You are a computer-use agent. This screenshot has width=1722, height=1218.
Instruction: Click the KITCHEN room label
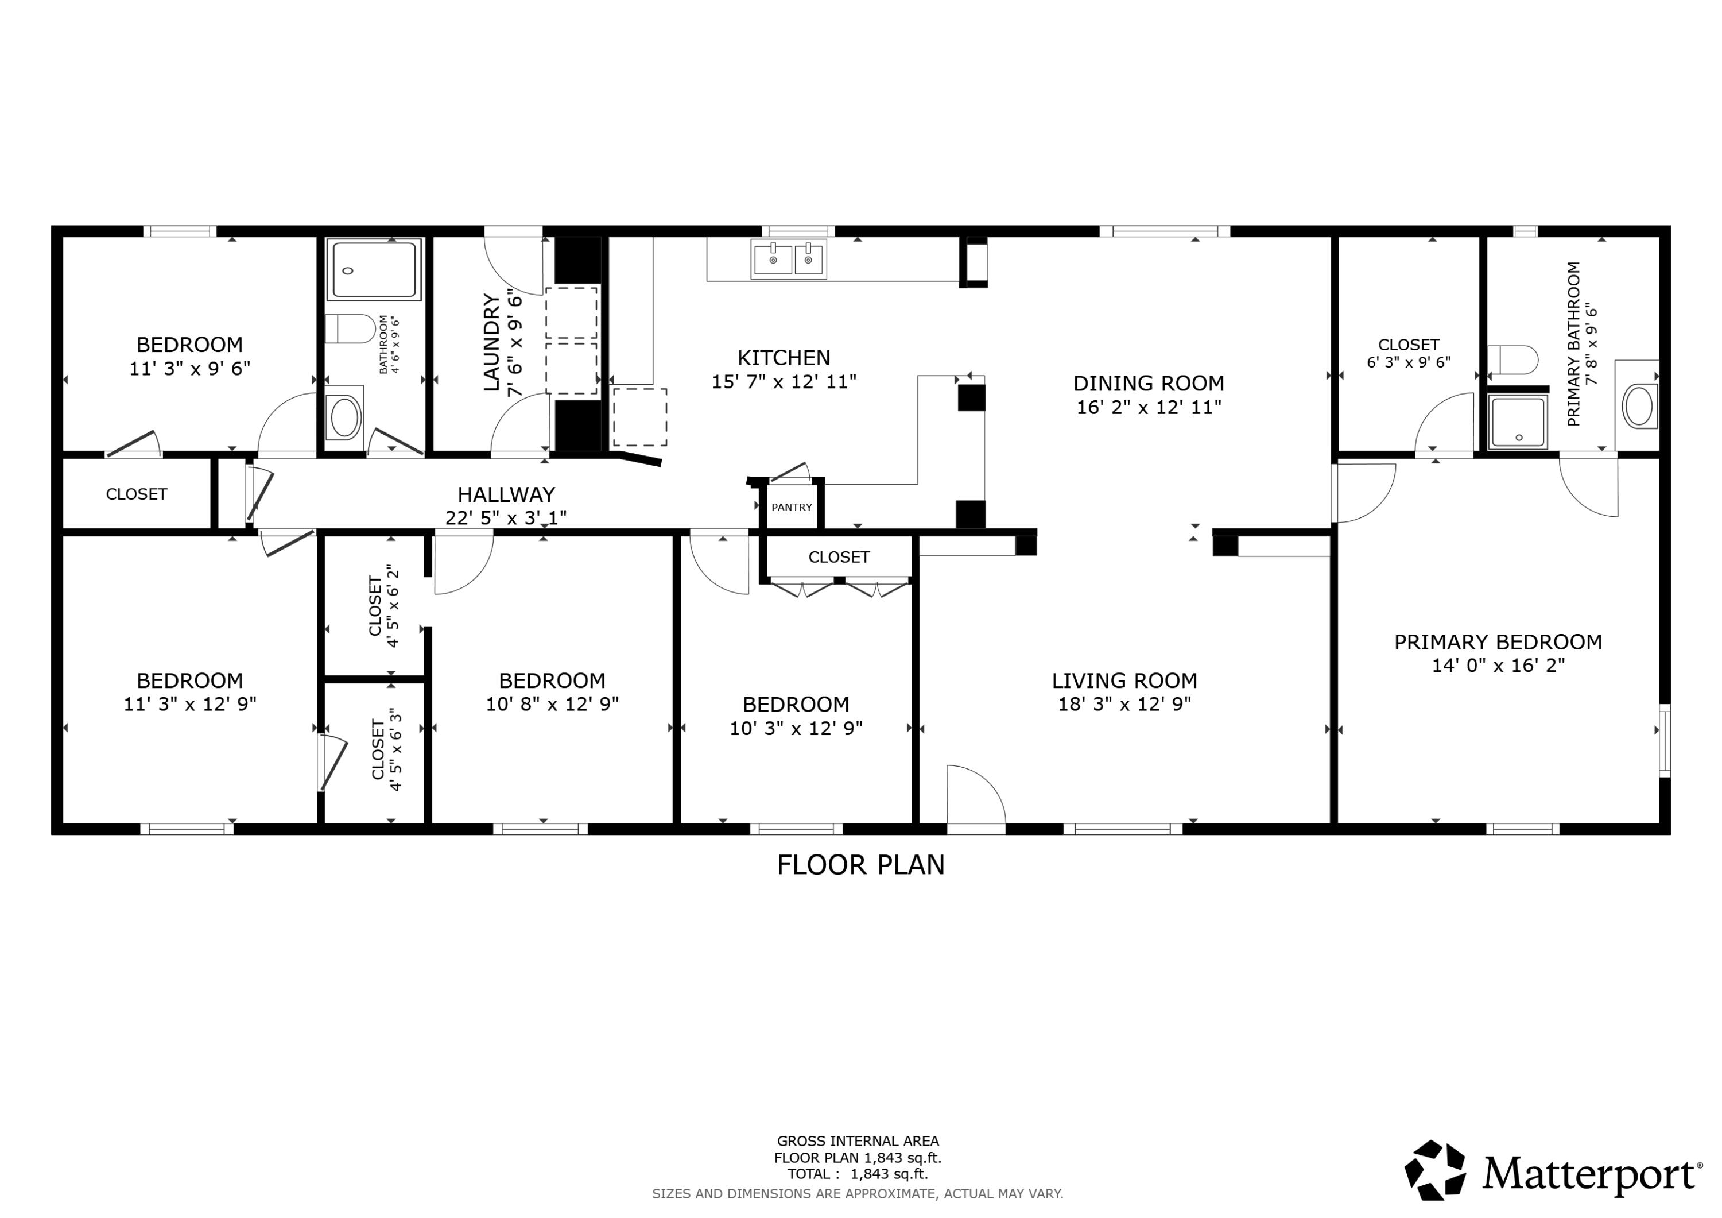coord(784,358)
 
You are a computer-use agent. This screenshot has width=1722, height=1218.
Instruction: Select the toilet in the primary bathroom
coord(1512,360)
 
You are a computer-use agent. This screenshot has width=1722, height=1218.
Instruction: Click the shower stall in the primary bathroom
coord(1519,422)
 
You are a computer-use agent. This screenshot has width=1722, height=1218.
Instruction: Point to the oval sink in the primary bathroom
coord(1639,406)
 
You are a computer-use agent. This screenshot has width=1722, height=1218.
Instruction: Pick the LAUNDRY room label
coord(491,342)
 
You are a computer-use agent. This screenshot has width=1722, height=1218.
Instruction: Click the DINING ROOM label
coord(1148,384)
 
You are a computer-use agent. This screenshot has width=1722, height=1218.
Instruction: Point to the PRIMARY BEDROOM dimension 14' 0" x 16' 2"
coord(1498,666)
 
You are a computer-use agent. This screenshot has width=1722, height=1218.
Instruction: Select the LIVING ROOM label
coord(1124,680)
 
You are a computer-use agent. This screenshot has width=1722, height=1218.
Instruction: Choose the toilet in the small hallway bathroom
coord(350,328)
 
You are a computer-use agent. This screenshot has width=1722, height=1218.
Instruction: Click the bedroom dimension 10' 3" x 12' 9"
coord(796,729)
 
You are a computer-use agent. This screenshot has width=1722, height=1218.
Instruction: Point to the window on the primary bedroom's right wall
coord(1664,741)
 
